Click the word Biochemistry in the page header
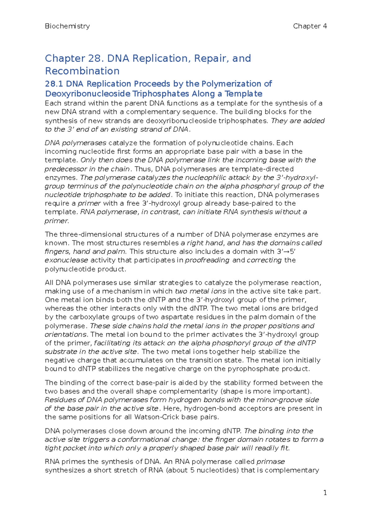67,26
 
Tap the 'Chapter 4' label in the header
310,26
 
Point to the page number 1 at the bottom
325,493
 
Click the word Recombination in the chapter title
82,71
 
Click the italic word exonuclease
66,260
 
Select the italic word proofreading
207,260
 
